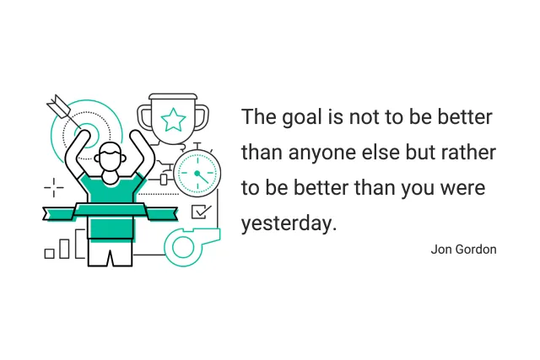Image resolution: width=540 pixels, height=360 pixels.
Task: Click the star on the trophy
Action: click(173, 121)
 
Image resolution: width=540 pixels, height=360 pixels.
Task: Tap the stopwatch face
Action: click(197, 175)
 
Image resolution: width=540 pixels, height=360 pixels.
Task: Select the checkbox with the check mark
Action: click(201, 212)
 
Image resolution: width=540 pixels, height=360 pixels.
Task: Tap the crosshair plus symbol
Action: click(53, 186)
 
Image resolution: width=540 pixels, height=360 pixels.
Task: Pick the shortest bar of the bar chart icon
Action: click(50, 252)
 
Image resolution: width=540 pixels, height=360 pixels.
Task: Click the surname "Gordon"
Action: click(477, 250)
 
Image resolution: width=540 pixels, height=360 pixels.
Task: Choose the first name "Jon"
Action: click(442, 250)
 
